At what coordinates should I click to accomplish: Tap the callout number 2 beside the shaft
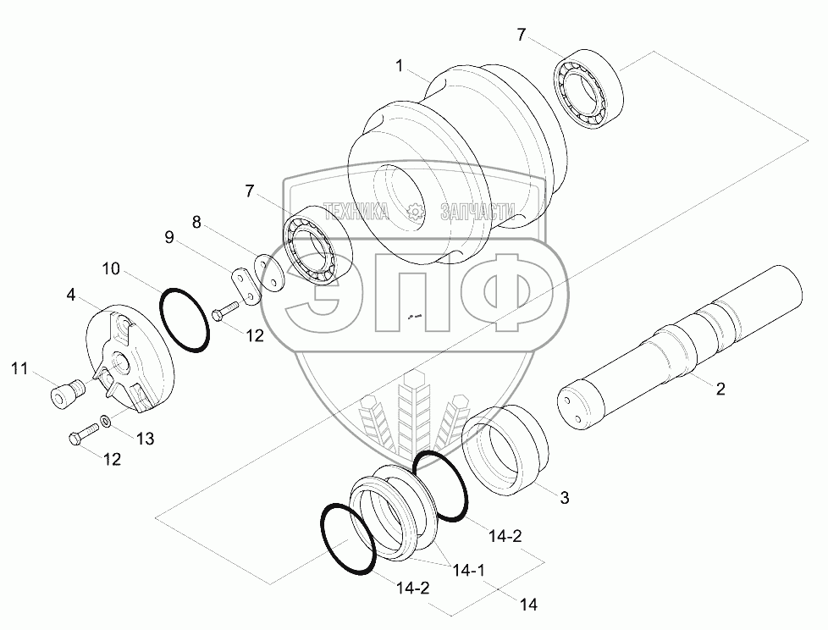tap(720, 390)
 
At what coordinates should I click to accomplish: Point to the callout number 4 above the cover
tap(71, 295)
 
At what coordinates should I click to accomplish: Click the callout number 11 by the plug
tap(19, 368)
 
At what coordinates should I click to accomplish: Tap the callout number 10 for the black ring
tap(111, 269)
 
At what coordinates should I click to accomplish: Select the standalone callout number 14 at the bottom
tap(529, 605)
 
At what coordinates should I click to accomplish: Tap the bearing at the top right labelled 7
tap(589, 88)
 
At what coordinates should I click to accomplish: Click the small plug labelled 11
tap(63, 395)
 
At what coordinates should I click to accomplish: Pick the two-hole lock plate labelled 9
tap(246, 282)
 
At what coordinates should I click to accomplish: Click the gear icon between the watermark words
tap(415, 212)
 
